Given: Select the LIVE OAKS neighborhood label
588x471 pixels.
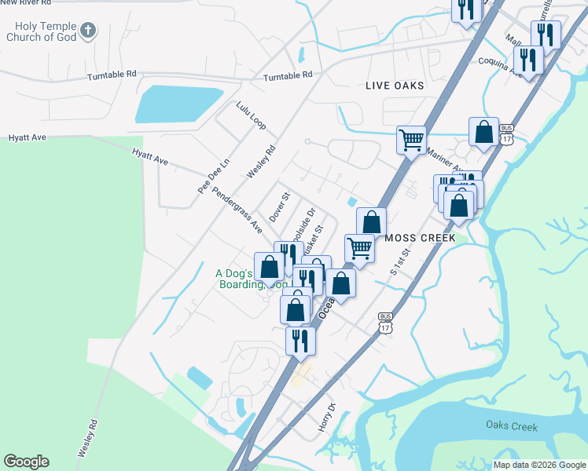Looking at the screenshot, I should coord(395,86).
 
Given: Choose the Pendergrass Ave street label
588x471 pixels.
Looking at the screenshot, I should coord(237,210).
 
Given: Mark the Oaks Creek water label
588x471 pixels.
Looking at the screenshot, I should coord(511,427).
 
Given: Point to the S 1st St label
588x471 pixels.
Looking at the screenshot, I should coord(401,260).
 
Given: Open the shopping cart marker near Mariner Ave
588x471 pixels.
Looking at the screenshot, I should coord(411,141).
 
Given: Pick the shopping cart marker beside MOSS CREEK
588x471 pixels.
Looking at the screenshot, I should coord(359,249).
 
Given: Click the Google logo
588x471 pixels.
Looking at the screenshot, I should coord(26,462).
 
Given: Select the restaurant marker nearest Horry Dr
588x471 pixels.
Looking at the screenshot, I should coord(300,341).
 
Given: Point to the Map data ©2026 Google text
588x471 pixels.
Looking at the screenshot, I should coord(538,465).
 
